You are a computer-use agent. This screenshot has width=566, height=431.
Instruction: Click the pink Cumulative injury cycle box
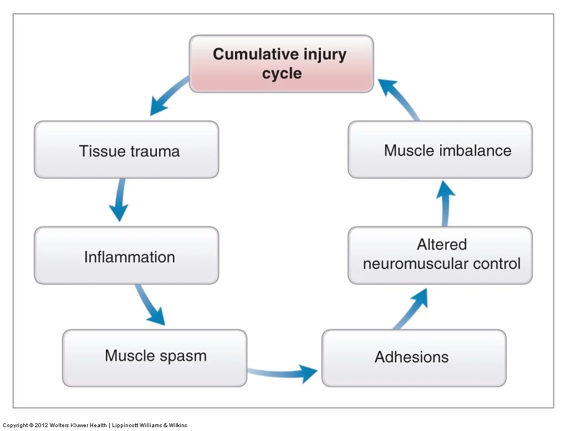click(281, 64)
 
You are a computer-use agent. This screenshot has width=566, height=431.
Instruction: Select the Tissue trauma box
click(126, 149)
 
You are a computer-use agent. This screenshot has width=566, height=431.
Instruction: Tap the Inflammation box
click(126, 256)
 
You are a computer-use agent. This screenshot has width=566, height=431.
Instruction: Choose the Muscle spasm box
click(155, 358)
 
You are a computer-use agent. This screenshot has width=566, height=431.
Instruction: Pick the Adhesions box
click(414, 358)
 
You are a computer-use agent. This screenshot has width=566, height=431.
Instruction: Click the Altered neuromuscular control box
click(440, 256)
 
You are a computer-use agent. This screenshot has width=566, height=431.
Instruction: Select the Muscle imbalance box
click(440, 149)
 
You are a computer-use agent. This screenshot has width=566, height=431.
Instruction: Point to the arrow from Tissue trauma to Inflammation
click(120, 199)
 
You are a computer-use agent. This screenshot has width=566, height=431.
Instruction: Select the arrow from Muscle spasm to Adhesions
click(282, 373)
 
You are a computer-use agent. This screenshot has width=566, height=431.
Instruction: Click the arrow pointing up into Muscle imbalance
click(446, 204)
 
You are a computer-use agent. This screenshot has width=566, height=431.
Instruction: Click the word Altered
click(442, 245)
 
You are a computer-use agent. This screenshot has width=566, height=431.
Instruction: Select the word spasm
click(183, 356)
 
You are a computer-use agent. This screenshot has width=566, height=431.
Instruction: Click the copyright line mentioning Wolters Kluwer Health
click(95, 425)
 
